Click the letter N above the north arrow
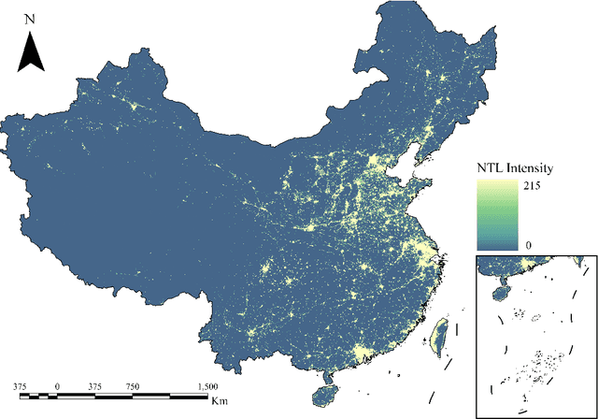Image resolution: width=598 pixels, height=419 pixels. (x=31, y=19)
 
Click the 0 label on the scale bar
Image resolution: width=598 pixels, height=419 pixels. (x=57, y=386)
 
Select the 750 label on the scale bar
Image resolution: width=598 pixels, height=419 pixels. (x=133, y=386)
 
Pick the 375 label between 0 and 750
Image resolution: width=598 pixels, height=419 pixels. (x=94, y=386)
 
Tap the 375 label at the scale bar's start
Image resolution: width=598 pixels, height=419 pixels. (x=20, y=386)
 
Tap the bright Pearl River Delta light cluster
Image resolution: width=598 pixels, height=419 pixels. (x=361, y=353)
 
